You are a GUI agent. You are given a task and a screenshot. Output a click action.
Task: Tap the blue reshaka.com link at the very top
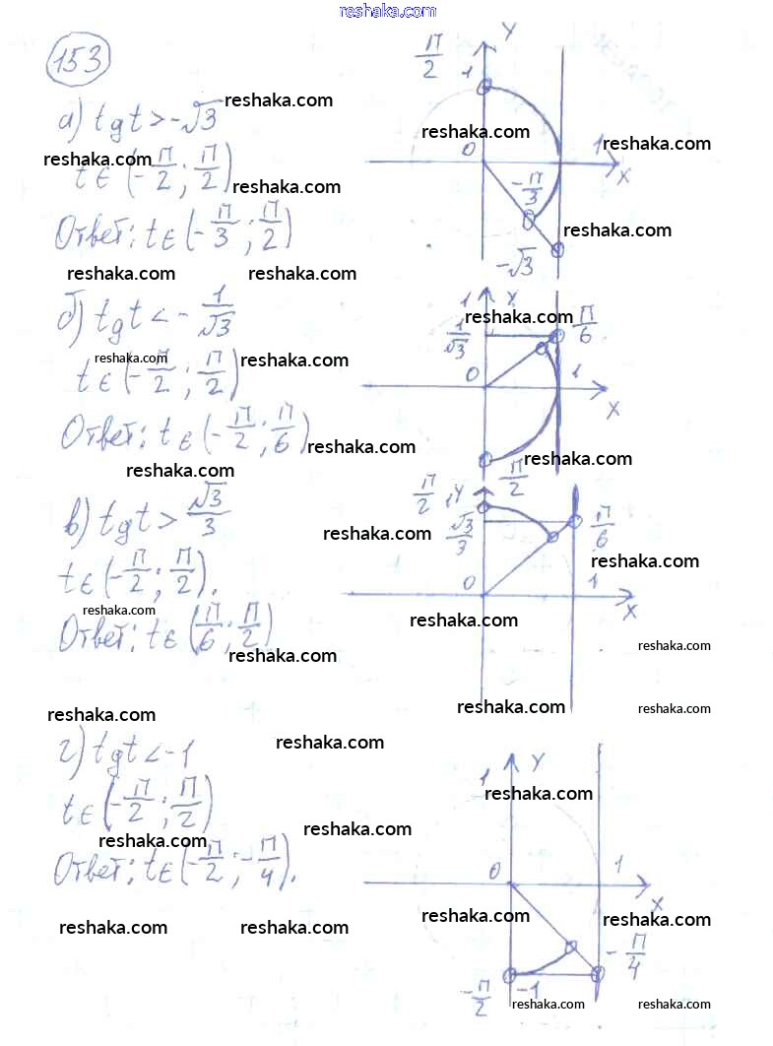click(x=387, y=11)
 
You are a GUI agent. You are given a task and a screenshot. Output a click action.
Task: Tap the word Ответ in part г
click(x=94, y=870)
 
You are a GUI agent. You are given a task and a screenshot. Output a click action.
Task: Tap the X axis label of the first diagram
click(x=622, y=176)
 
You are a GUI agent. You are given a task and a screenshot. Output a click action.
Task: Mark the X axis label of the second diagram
click(x=612, y=408)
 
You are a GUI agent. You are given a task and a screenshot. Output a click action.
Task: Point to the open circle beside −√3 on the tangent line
click(x=557, y=249)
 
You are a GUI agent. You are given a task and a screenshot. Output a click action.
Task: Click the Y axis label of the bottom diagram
click(x=537, y=760)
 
